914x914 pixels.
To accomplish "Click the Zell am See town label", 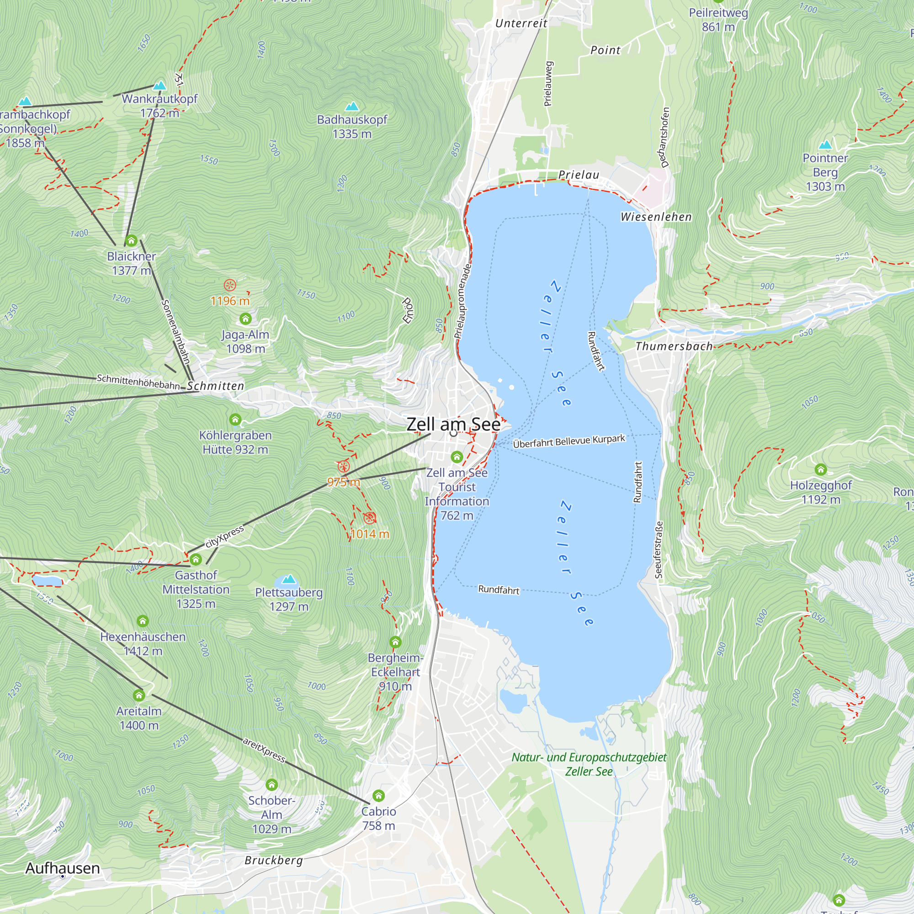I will pyautogui.click(x=453, y=424).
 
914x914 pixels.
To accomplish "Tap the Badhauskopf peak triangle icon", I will pyautogui.click(x=351, y=106).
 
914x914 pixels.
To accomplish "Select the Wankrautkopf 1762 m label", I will pyautogui.click(x=159, y=106).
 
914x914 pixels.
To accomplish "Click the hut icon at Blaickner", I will pyautogui.click(x=131, y=240).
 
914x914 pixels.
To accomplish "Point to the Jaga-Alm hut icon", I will pyautogui.click(x=245, y=319).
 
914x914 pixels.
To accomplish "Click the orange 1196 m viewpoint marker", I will pyautogui.click(x=230, y=285).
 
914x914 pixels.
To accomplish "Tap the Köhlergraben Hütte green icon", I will pyautogui.click(x=235, y=420).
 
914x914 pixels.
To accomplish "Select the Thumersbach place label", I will pyautogui.click(x=674, y=346).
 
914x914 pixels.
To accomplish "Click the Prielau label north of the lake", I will pyautogui.click(x=579, y=175).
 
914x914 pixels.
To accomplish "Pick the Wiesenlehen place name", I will pyautogui.click(x=656, y=217).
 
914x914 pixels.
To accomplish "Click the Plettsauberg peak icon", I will pyautogui.click(x=288, y=579).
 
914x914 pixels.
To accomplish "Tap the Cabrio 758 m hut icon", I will pyautogui.click(x=378, y=795).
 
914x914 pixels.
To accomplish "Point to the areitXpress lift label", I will pyautogui.click(x=264, y=750).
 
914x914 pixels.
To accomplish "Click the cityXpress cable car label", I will pyautogui.click(x=225, y=537).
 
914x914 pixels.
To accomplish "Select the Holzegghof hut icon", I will pyautogui.click(x=821, y=469).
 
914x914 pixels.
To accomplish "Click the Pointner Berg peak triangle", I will pyautogui.click(x=825, y=145).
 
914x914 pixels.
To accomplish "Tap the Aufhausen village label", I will pyautogui.click(x=63, y=868).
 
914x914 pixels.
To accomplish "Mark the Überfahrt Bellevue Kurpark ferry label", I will pyautogui.click(x=569, y=441).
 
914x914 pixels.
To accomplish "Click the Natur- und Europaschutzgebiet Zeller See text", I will pyautogui.click(x=589, y=764).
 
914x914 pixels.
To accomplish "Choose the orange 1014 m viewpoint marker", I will pyautogui.click(x=370, y=518).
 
